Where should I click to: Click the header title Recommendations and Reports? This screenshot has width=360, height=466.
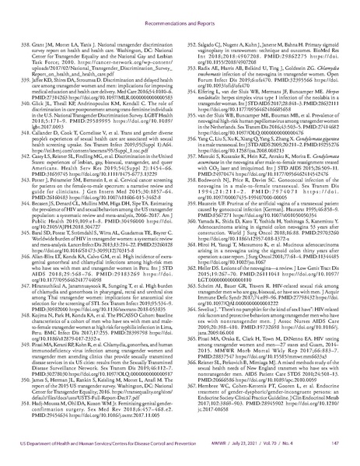(x=180, y=13)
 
